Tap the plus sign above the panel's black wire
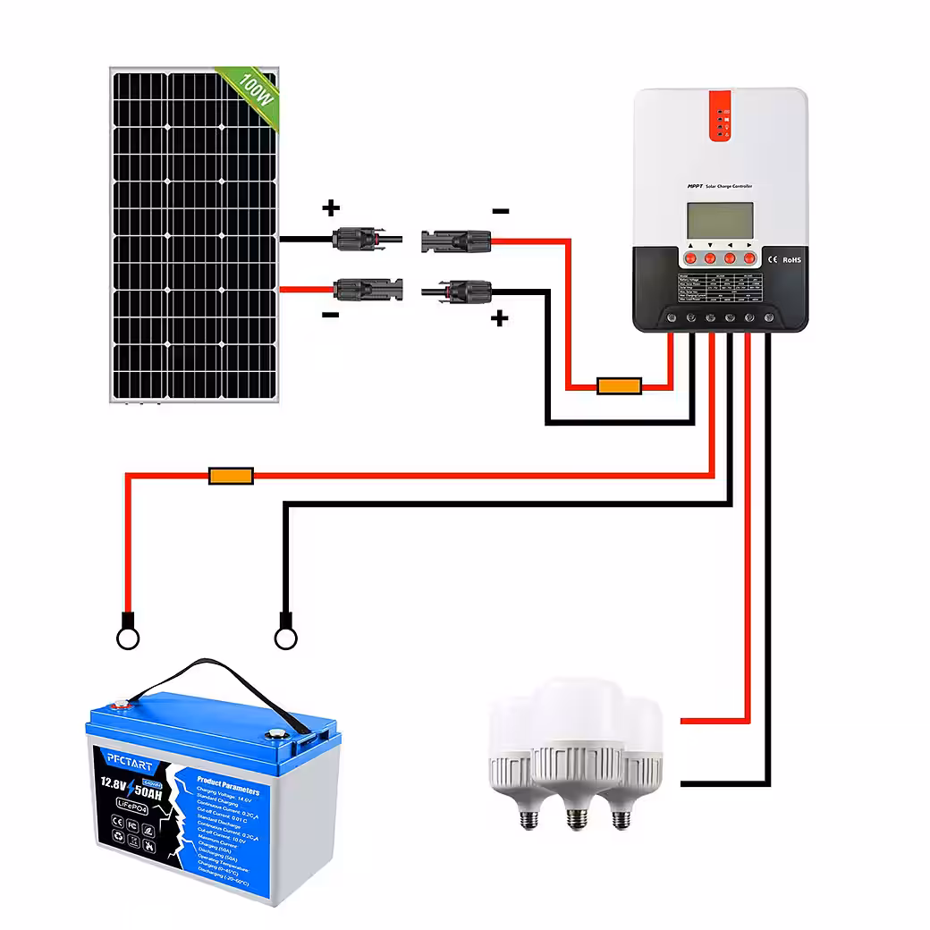(x=331, y=208)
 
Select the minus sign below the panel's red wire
(x=330, y=315)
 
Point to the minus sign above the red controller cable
(x=500, y=211)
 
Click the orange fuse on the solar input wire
(x=620, y=386)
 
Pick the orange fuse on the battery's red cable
(x=231, y=476)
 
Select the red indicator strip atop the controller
(x=722, y=115)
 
